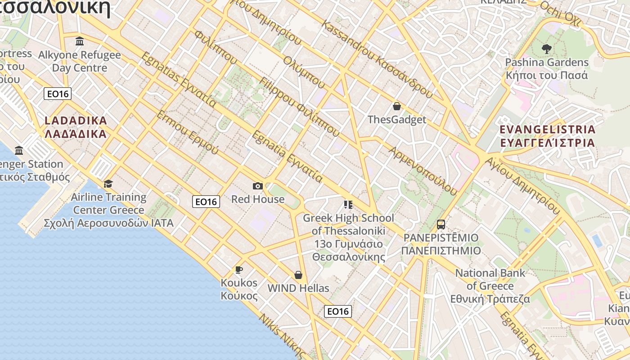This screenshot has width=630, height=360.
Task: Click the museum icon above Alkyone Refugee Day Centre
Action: (x=80, y=41)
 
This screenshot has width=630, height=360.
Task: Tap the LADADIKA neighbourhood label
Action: (x=76, y=127)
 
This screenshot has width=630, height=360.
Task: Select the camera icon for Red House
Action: (x=258, y=186)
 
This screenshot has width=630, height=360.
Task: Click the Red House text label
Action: (x=258, y=199)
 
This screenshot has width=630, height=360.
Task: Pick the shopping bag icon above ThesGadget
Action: (x=397, y=106)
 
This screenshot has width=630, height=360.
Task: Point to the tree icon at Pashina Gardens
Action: (x=547, y=49)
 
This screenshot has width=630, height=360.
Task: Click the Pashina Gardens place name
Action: (x=547, y=68)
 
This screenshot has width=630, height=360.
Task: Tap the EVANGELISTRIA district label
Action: (x=548, y=136)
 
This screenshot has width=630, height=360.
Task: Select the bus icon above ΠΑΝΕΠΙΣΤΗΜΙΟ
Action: (x=441, y=224)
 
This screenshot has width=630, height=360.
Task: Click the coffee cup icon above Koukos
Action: (x=239, y=270)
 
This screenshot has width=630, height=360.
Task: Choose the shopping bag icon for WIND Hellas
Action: (x=298, y=275)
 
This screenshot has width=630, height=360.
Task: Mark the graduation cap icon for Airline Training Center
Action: (x=108, y=184)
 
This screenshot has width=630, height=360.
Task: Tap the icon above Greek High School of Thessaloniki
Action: (x=348, y=205)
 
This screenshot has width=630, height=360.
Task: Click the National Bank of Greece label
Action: (x=490, y=286)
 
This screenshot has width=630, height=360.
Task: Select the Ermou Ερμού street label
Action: (x=187, y=132)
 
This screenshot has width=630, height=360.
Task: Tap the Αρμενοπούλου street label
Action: (x=423, y=171)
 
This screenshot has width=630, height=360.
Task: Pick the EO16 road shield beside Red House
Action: (x=206, y=202)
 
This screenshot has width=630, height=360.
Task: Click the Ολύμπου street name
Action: (x=304, y=72)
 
